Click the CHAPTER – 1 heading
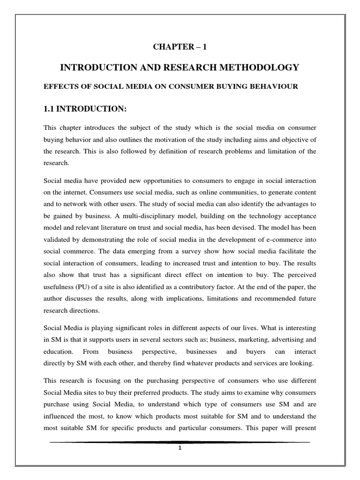(180, 46)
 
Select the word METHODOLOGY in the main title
(260, 68)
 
